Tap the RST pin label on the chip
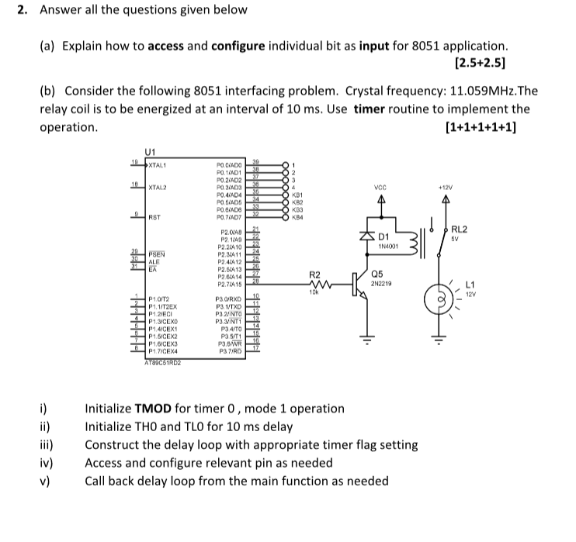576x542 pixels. click(154, 219)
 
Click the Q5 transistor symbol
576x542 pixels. click(359, 285)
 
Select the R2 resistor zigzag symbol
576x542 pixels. click(316, 284)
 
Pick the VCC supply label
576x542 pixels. click(380, 187)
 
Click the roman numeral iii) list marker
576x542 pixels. click(47, 445)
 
